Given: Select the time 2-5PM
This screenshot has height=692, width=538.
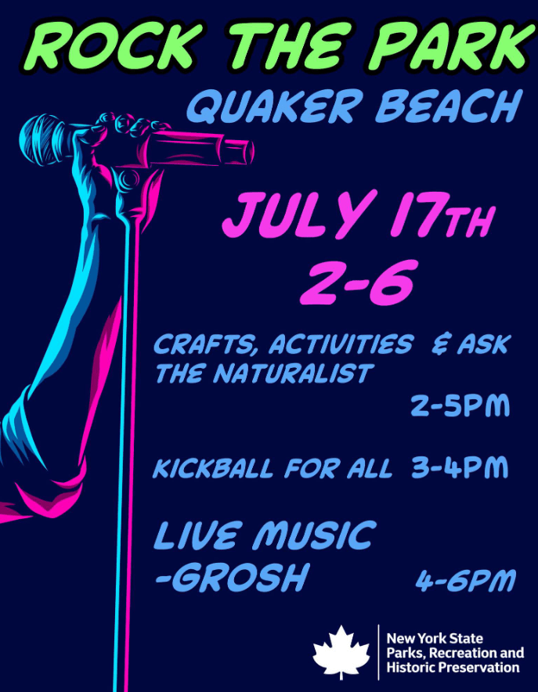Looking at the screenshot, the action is click(x=460, y=405).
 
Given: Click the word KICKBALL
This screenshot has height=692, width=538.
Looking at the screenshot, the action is click(x=213, y=468).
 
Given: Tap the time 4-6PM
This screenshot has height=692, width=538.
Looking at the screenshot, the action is click(x=465, y=580).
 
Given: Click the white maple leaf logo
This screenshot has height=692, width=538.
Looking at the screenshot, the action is click(x=341, y=652).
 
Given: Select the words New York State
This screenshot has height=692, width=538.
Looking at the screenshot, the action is click(x=435, y=638).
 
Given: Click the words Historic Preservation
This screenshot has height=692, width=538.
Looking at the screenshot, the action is click(x=453, y=667).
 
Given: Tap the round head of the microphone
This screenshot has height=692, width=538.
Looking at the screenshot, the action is click(x=40, y=139).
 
